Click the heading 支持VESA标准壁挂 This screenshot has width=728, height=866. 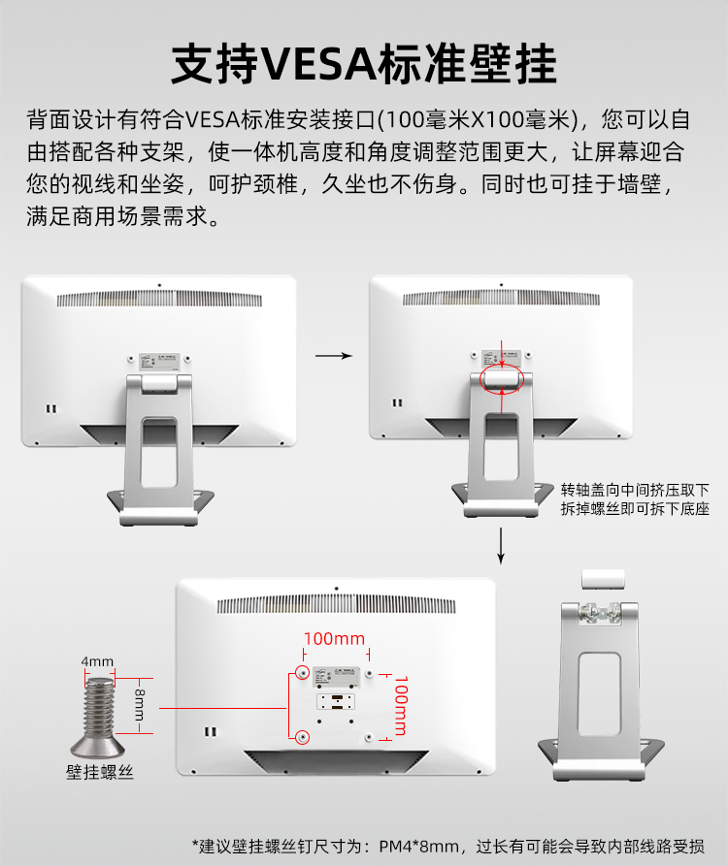tap(364, 64)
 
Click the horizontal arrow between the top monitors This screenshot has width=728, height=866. tap(334, 356)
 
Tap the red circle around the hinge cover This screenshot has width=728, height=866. tap(501, 378)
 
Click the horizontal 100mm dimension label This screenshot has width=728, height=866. tap(334, 639)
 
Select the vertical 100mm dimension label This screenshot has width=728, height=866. tap(398, 704)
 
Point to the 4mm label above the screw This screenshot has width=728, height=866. tap(97, 662)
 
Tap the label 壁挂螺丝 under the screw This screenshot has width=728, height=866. tap(99, 773)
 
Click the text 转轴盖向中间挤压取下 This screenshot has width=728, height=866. tap(635, 489)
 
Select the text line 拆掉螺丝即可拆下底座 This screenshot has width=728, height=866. tap(635, 508)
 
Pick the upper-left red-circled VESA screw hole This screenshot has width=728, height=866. tap(303, 672)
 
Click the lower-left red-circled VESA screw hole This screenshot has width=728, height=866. tap(303, 737)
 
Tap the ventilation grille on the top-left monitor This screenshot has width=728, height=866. tap(159, 301)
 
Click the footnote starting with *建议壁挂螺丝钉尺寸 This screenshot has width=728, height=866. tap(447, 845)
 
